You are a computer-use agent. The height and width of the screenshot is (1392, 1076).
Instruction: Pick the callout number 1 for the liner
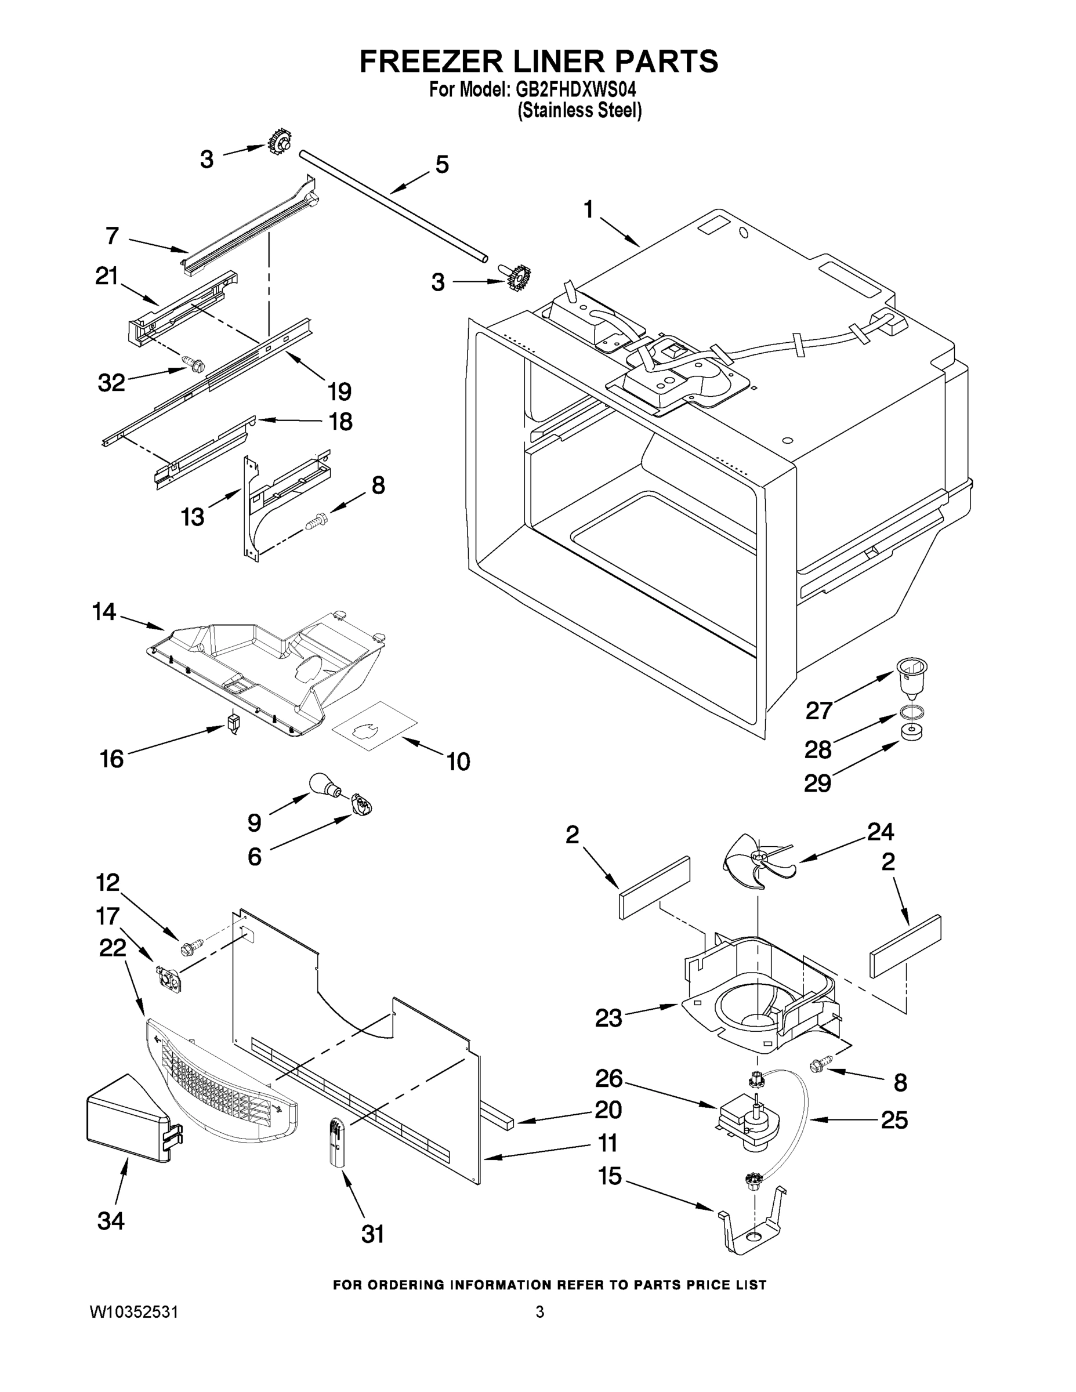point(588,209)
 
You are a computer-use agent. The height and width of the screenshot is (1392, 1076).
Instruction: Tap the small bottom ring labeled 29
point(912,732)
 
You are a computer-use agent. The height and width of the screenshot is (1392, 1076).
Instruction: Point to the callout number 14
point(104,612)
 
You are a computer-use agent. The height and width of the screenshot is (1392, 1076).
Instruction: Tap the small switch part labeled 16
point(233,723)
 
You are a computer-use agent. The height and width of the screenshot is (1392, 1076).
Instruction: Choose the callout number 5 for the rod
point(442,165)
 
